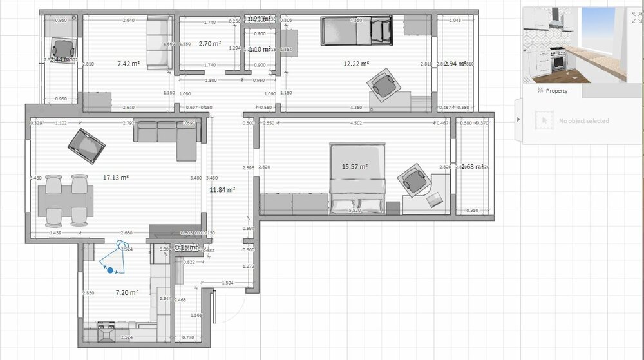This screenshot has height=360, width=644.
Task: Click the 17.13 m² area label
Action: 116,177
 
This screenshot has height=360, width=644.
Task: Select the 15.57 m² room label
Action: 355,166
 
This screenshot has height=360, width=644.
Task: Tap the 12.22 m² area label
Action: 356,64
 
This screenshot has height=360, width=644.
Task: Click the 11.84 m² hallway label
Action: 222,190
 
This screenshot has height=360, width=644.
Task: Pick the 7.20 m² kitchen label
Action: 127,292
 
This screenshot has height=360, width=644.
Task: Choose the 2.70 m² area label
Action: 210,44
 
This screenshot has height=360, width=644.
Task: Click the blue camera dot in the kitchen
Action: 110,270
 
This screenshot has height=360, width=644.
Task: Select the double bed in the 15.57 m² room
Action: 358,179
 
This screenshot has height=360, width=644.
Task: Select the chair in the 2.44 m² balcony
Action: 64,47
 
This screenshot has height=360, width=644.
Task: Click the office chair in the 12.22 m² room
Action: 384,84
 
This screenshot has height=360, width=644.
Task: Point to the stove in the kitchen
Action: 106,332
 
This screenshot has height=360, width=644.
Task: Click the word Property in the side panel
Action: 556,91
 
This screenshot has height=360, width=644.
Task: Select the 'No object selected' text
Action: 583,121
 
